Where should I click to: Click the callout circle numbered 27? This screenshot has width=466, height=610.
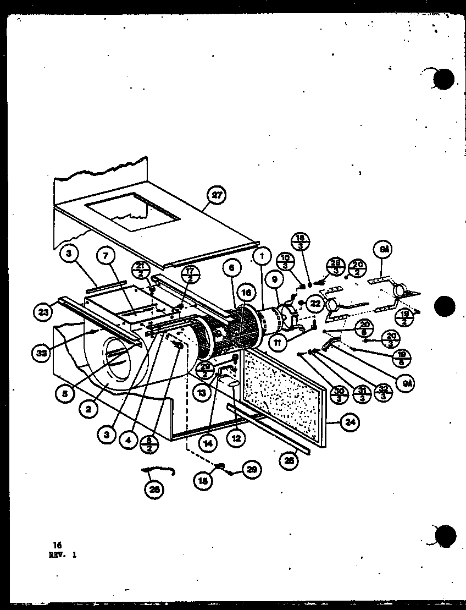coord(218,195)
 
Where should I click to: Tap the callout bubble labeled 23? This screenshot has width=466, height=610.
coord(43,313)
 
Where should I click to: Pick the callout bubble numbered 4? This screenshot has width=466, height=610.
coord(128,440)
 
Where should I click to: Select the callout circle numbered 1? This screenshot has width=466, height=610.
coord(263,255)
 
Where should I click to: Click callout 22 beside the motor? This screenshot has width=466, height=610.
coord(314,303)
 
